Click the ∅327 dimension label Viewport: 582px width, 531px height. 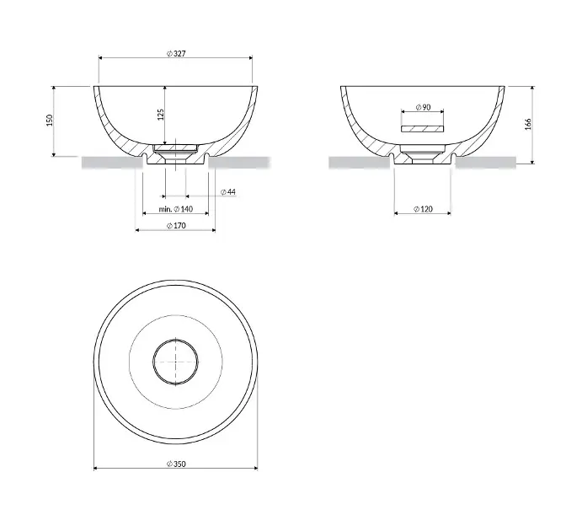(176, 53)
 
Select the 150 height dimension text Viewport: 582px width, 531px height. (50, 121)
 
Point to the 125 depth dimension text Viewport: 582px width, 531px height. (161, 115)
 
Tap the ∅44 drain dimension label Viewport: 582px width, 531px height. (228, 192)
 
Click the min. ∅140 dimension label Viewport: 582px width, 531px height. (176, 209)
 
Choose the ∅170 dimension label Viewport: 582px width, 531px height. (176, 225)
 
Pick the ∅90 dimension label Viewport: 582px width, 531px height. (423, 107)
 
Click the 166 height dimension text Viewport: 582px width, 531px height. (528, 124)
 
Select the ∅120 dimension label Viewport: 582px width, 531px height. (423, 209)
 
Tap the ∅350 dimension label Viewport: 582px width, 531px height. (176, 464)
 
